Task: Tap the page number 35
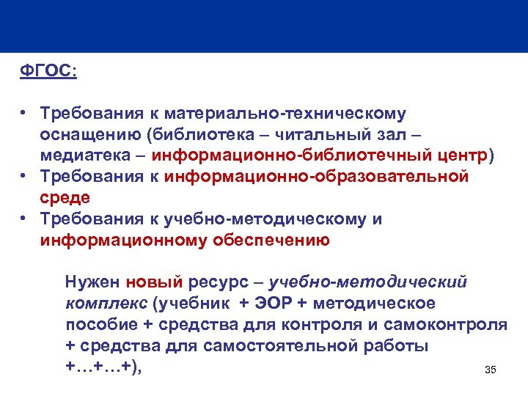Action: tap(491, 370)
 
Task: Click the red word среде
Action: tap(65, 197)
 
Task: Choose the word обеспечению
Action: tap(271, 240)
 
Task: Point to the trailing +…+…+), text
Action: tap(103, 366)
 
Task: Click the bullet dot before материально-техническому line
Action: tap(24, 114)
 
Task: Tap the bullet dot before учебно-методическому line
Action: tap(24, 219)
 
